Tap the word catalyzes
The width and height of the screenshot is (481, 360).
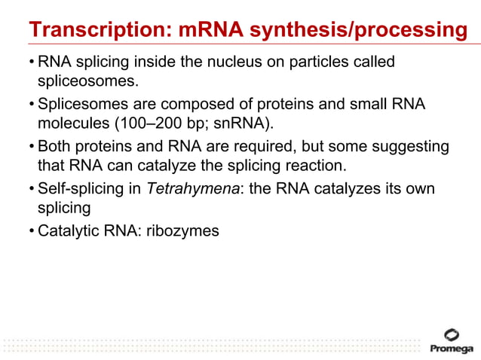pyautogui.click(x=342, y=188)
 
